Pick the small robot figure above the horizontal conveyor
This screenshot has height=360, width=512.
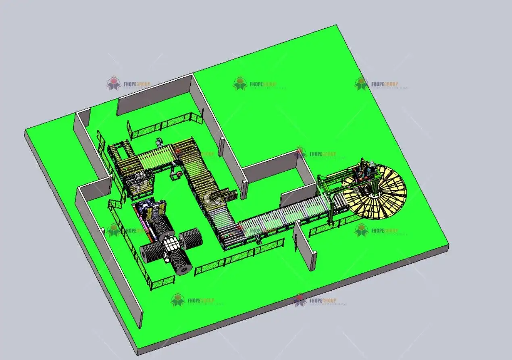coord(160,143)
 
